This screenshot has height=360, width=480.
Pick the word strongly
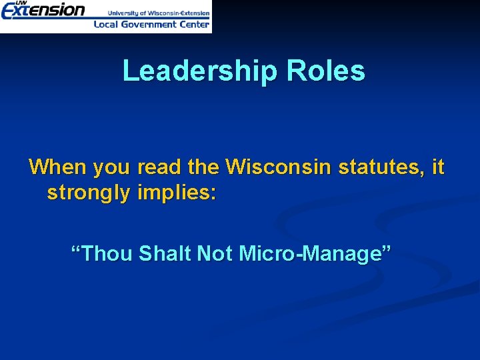point(89,193)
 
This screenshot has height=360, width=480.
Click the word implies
point(174,193)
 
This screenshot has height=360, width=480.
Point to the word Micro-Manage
point(306,253)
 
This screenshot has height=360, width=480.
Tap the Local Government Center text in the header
point(152,24)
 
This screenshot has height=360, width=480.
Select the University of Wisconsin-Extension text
point(159,13)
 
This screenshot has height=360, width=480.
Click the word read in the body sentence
point(159,166)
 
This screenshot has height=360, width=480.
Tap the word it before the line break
point(438,166)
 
